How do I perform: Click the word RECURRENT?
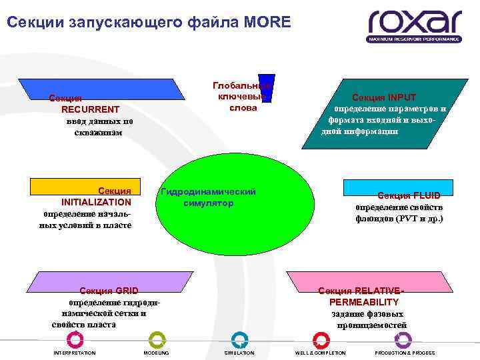90,109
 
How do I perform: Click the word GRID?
126,291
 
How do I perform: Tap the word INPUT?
402,97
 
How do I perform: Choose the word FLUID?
426,195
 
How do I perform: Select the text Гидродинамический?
208,191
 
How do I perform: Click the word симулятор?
208,203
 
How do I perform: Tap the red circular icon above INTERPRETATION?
75,339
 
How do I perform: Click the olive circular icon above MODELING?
157,339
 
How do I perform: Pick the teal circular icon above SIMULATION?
239,339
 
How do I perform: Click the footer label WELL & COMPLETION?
320,353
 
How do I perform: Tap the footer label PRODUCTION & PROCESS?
405,353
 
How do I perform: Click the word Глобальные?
240,86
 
